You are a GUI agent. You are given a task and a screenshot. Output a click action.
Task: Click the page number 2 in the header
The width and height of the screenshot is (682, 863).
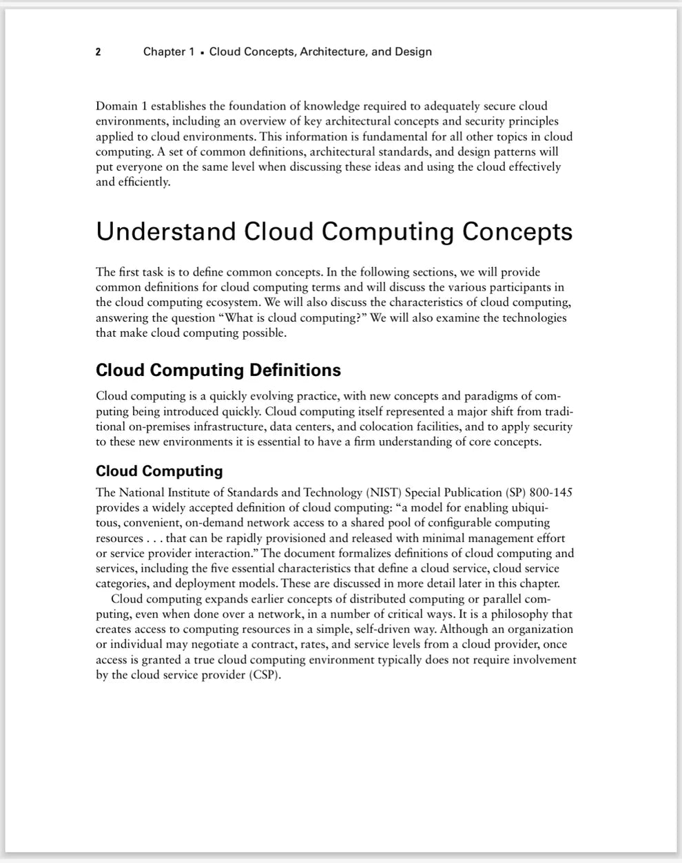pyautogui.click(x=99, y=52)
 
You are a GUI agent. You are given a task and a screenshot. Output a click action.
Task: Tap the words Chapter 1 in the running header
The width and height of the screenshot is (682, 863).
pyautogui.click(x=169, y=52)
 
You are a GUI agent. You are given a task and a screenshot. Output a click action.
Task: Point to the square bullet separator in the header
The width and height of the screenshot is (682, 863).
pyautogui.click(x=202, y=52)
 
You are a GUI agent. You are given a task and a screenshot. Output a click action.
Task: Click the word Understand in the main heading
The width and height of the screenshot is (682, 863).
pyautogui.click(x=165, y=231)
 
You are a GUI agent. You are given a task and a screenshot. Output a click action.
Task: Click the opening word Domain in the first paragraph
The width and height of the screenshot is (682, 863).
pyautogui.click(x=118, y=106)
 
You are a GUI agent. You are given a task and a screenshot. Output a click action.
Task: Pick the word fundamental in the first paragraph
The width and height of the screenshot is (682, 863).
pyautogui.click(x=394, y=136)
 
